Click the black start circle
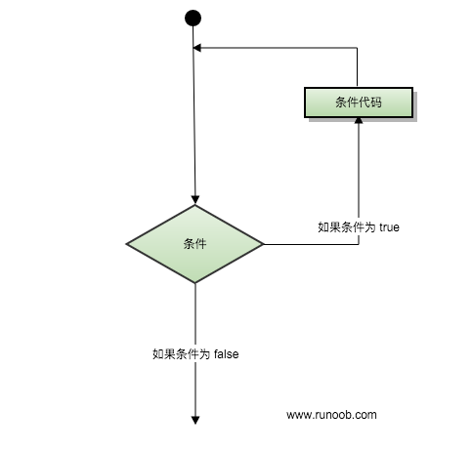click(193, 18)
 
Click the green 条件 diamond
click(194, 244)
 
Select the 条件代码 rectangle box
click(359, 102)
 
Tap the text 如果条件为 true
click(359, 227)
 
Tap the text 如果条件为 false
click(195, 354)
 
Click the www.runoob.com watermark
click(331, 415)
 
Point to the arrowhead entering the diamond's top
click(195, 200)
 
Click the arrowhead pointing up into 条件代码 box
click(359, 121)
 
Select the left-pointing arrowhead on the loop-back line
click(196, 48)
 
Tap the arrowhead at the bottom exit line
click(195, 421)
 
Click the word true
click(390, 227)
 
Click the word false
click(227, 354)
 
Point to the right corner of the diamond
click(263, 244)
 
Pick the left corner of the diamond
click(126, 244)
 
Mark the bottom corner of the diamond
click(195, 283)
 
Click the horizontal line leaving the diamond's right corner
click(311, 244)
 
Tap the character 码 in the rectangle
click(376, 102)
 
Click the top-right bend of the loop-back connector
click(357, 48)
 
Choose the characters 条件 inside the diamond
click(194, 244)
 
